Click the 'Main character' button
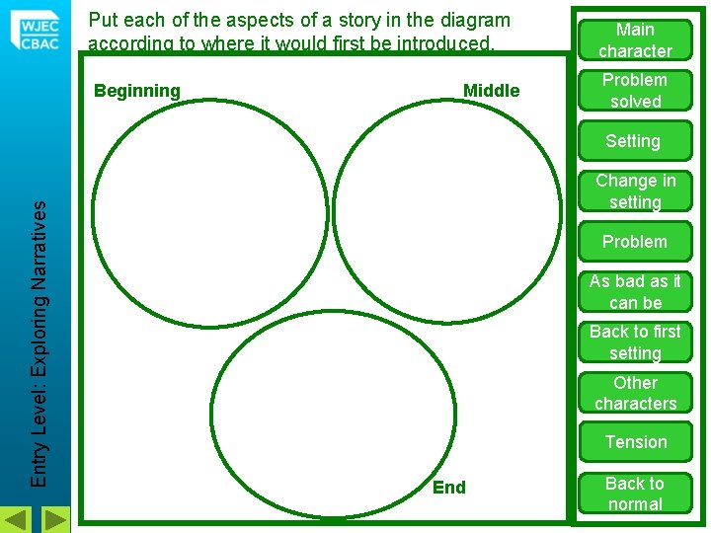point(635,40)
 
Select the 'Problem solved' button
point(635,91)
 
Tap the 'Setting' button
point(633,141)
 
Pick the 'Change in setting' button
point(635,191)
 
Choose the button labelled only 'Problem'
point(635,242)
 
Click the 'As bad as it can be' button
point(635,292)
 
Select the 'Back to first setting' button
point(635,343)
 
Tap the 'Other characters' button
point(635,393)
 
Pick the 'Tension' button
point(635,442)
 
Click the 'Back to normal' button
point(635,494)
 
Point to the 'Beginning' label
point(137,91)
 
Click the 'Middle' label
point(491,91)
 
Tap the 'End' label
point(449,488)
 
